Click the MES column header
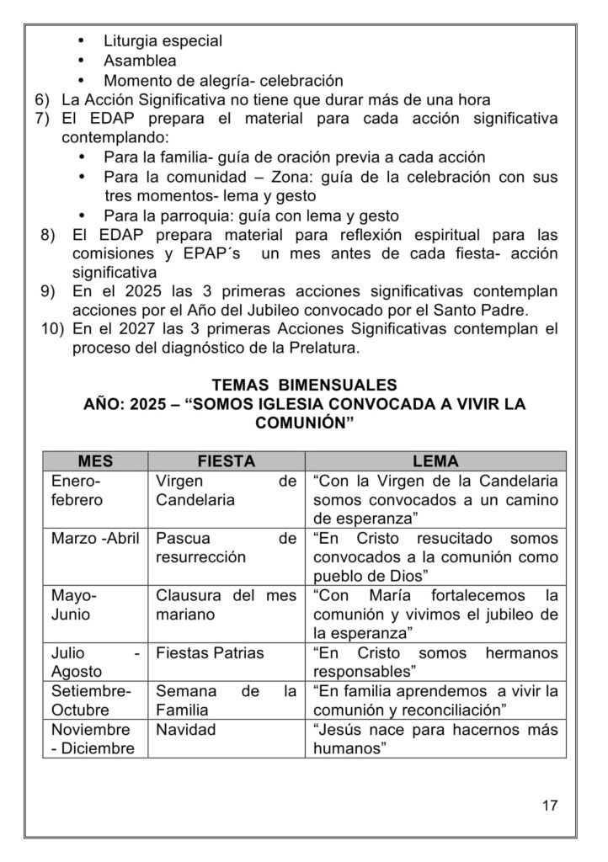coord(95,461)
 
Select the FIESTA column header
coord(226,461)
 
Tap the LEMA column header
coord(435,461)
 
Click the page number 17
coord(550,806)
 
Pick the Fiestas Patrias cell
coord(210,652)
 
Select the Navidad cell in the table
coord(185,730)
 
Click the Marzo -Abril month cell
coord(95,538)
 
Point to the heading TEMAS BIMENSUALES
coord(304,385)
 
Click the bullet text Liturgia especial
coord(163,40)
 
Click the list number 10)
coord(51,329)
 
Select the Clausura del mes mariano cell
coord(226,604)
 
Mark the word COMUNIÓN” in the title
coord(304,424)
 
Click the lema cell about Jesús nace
coord(435,738)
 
